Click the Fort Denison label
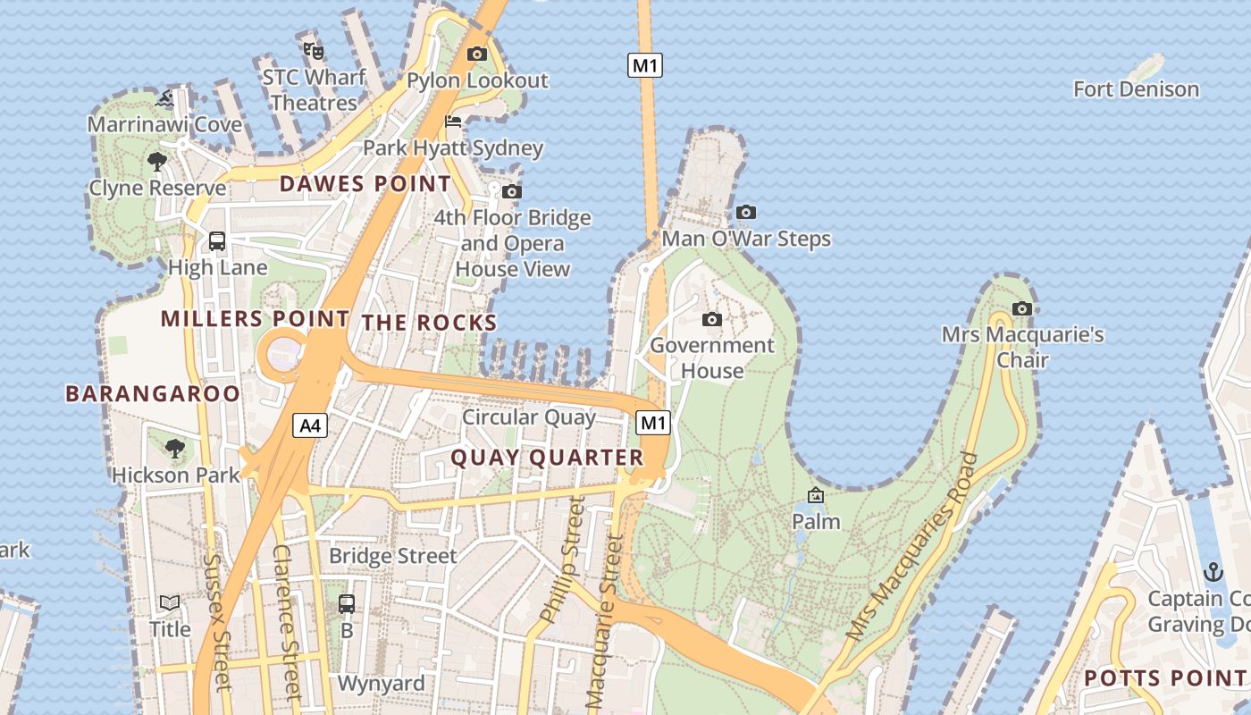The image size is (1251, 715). (x=1136, y=89)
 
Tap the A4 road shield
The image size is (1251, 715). (x=310, y=425)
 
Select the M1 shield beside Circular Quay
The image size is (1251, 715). (x=653, y=423)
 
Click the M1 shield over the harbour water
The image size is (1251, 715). (x=644, y=64)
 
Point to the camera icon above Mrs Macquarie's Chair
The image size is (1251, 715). (x=1021, y=309)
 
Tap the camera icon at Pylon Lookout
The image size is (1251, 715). (x=477, y=54)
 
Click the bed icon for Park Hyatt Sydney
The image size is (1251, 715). (x=453, y=122)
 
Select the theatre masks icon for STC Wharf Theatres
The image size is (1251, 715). (x=313, y=50)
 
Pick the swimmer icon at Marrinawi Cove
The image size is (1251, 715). (x=164, y=98)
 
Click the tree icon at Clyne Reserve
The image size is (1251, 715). (x=157, y=162)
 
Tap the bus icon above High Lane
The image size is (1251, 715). (x=217, y=240)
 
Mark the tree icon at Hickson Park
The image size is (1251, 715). (x=175, y=448)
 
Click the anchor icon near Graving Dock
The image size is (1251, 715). (x=1213, y=572)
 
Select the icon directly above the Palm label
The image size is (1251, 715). (x=816, y=495)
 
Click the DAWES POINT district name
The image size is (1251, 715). (x=365, y=184)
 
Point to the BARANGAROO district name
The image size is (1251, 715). (x=153, y=394)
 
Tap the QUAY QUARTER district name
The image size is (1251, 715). (x=547, y=458)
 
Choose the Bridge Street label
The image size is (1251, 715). (x=393, y=556)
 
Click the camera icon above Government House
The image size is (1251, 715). (x=712, y=320)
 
